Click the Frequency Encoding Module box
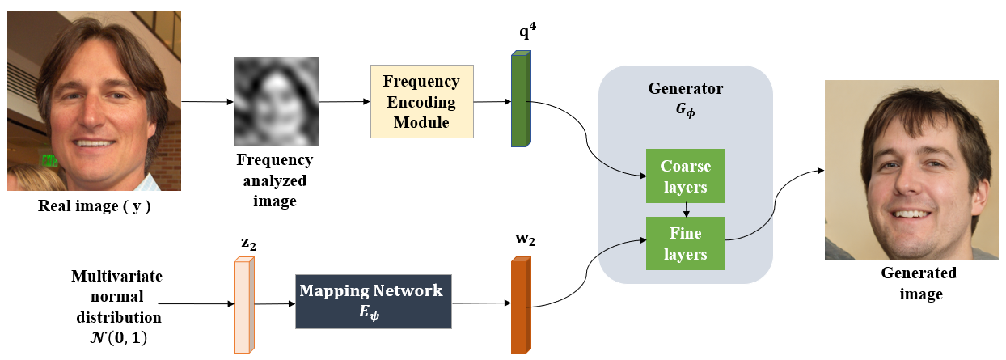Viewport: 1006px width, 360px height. pos(421,102)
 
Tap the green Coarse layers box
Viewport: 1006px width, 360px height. pos(685,176)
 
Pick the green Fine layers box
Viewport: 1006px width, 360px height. pos(685,244)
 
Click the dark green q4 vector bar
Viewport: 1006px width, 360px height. pos(519,100)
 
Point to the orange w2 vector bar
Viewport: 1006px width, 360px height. pos(521,305)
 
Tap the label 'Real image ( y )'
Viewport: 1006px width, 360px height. pos(95,206)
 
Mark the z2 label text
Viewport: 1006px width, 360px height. pos(247,242)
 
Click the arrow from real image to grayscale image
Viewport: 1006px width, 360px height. pos(206,103)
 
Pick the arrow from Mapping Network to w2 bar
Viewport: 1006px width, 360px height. pos(482,303)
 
